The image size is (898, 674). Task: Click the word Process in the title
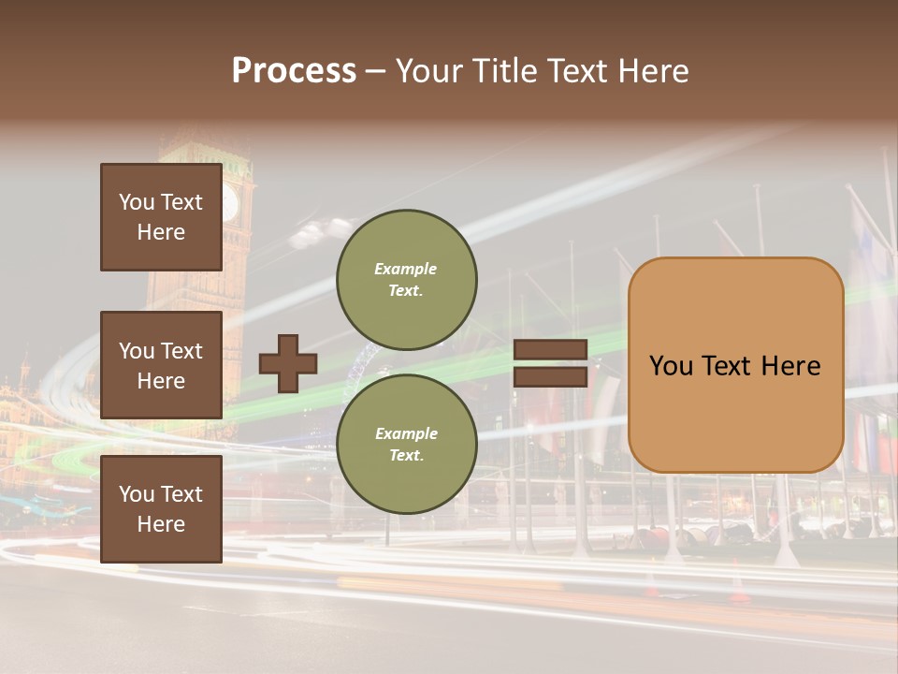tap(294, 71)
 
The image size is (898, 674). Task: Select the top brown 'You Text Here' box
tap(161, 217)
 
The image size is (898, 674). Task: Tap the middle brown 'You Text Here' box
tap(161, 365)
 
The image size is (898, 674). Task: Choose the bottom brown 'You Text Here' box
tap(161, 509)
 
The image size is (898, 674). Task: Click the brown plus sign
tap(288, 363)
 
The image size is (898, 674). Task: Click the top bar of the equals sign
tap(551, 350)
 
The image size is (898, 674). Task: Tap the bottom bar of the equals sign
tap(551, 376)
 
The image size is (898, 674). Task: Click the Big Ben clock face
tap(229, 203)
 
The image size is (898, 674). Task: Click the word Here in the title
tap(654, 71)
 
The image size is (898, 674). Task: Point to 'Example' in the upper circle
tap(405, 269)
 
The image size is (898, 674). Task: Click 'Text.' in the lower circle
tap(406, 455)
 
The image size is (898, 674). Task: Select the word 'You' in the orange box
tap(671, 366)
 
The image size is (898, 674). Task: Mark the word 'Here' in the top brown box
tap(161, 232)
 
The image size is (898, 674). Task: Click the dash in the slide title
tap(375, 71)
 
